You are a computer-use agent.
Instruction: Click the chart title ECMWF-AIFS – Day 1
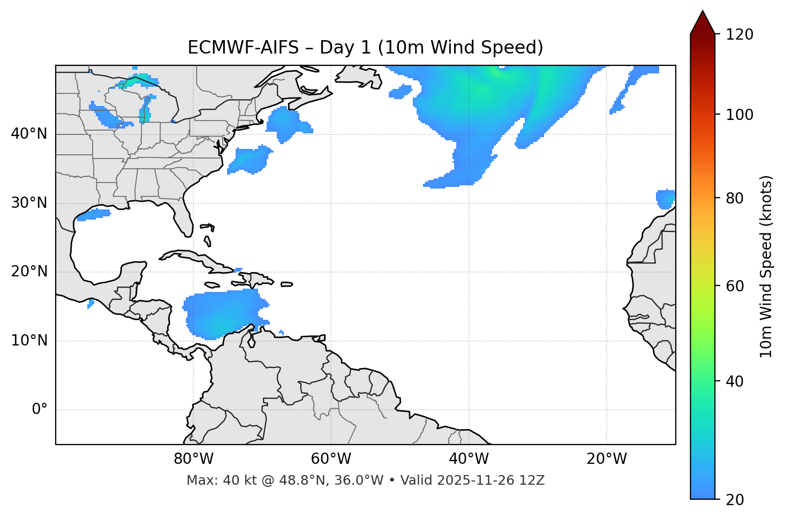point(365,48)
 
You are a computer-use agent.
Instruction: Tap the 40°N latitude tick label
point(29,134)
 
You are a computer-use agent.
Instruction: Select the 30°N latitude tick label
point(29,203)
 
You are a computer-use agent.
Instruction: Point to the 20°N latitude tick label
point(29,272)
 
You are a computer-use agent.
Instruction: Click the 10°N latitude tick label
point(29,341)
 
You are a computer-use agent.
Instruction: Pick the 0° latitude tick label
point(40,410)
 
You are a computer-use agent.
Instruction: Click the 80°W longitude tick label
point(193,459)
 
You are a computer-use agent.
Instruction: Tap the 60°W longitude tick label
point(331,459)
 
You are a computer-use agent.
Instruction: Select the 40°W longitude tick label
point(469,459)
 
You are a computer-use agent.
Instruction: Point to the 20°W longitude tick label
point(606,459)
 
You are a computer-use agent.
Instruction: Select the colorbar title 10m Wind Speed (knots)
point(766,266)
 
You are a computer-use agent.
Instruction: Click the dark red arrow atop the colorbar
point(703,22)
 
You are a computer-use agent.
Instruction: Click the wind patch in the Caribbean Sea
point(222,313)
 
